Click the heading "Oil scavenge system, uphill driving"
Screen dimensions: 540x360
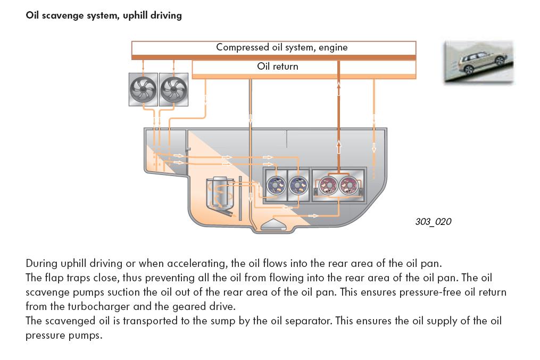[104, 15]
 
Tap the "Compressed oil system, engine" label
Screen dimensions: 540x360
[282, 47]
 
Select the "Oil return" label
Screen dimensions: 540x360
[278, 66]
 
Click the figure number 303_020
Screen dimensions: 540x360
[433, 221]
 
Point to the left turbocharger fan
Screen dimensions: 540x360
[143, 89]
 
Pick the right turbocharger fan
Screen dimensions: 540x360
[173, 89]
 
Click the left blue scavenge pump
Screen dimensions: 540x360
[277, 185]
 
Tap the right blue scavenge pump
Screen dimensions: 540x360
[298, 185]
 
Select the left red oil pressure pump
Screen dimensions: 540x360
[328, 186]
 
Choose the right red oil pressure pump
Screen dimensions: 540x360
[349, 186]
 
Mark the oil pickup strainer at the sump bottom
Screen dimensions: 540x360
[274, 224]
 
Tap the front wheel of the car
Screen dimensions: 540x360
[500, 61]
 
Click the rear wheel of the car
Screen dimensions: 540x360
[469, 70]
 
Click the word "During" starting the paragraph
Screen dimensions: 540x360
[41, 263]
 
